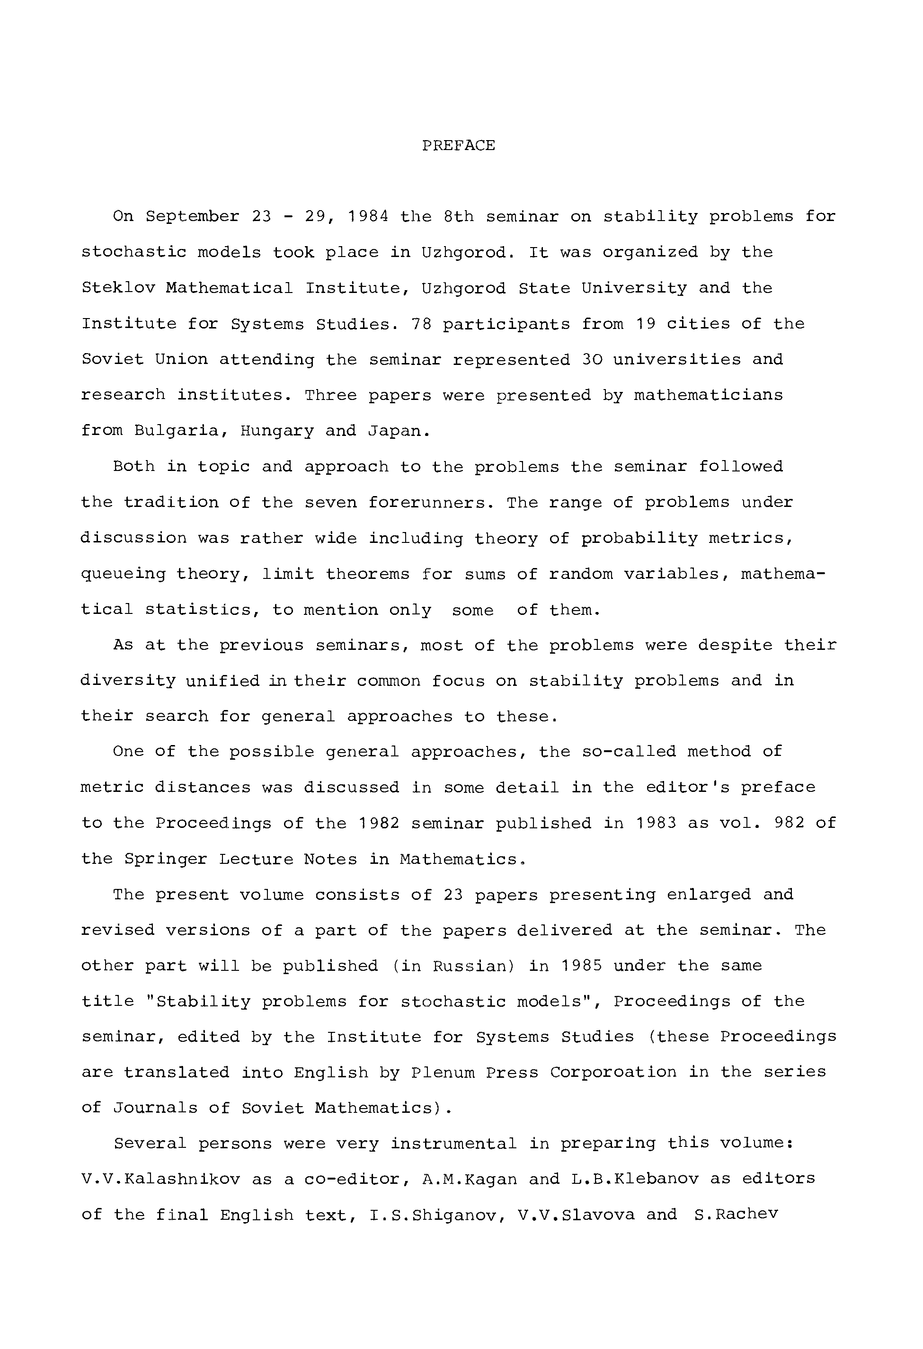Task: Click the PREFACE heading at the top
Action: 458,145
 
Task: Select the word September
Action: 192,216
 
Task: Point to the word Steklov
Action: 118,288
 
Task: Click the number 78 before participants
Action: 421,324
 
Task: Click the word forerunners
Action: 431,502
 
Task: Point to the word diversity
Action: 128,681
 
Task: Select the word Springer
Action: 166,859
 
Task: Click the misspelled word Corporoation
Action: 613,1072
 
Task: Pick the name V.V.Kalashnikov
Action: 161,1179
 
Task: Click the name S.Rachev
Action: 736,1215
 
